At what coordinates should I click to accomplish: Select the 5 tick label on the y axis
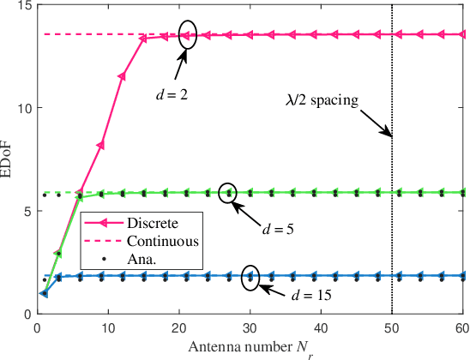tap(26, 212)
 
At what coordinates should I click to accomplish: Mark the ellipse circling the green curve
tap(228, 194)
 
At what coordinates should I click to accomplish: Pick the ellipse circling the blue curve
tap(250, 277)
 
